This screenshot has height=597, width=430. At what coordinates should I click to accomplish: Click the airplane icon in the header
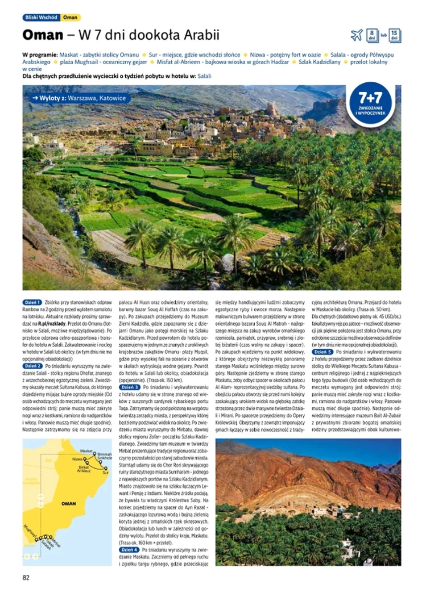click(357, 35)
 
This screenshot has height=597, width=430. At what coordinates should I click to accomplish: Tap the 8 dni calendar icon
click(372, 35)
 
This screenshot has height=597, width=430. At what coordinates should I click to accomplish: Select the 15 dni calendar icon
click(395, 35)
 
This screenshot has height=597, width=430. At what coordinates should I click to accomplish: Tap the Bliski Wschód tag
click(40, 18)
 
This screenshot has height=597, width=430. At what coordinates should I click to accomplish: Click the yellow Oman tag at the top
click(71, 18)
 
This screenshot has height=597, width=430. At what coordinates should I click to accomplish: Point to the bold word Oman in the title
click(42, 35)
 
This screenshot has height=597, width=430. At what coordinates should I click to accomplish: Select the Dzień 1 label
click(32, 303)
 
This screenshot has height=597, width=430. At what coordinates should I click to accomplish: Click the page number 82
click(26, 578)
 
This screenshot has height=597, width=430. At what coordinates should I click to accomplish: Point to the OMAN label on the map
click(69, 504)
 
